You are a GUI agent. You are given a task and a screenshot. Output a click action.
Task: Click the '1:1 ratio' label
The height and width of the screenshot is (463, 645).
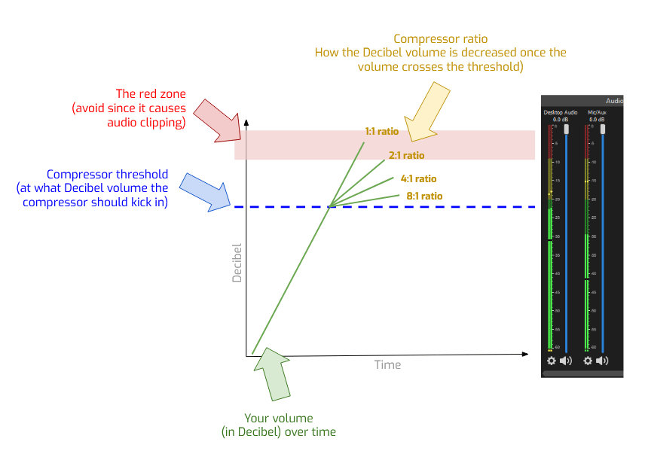381,131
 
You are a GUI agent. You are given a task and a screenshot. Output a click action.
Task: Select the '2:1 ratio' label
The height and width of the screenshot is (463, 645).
406,156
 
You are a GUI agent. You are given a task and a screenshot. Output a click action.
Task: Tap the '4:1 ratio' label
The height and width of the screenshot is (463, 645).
418,179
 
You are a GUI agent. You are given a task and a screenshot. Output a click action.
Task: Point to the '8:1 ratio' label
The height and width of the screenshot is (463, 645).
424,196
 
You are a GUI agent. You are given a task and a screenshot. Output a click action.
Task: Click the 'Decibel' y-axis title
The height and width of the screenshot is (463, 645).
237,263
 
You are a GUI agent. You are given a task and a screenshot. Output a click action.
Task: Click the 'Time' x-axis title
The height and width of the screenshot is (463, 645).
387,364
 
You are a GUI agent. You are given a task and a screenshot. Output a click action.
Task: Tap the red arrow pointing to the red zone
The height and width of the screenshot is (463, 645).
218,119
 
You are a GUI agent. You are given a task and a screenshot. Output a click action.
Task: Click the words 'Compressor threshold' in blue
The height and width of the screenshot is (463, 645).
107,174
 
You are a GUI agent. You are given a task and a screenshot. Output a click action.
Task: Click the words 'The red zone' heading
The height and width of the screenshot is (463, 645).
150,94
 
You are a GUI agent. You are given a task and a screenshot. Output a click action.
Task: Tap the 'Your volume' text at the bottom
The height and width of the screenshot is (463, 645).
278,418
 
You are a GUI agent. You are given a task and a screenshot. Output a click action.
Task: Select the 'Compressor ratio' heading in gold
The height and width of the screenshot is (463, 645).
440,38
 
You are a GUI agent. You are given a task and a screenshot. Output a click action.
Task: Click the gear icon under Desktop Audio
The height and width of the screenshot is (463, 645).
551,361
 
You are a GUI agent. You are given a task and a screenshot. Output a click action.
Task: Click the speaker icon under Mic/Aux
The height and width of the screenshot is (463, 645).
601,361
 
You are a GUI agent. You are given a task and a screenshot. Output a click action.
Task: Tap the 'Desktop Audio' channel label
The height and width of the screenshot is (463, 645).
560,112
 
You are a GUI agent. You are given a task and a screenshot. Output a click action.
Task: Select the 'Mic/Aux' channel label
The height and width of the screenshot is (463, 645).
597,112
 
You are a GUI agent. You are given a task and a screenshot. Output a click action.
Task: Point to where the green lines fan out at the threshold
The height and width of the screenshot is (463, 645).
330,206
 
